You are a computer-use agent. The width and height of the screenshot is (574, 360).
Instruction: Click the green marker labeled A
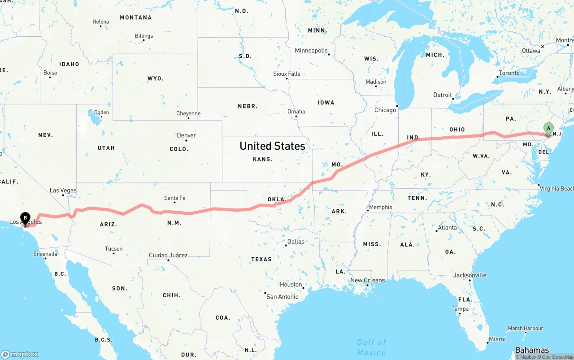tap(548, 129)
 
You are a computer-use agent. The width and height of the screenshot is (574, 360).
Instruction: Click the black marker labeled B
tap(25, 218)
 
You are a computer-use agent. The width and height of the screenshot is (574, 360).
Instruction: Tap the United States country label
tap(272, 146)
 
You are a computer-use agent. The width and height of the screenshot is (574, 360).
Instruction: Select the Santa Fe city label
tap(174, 198)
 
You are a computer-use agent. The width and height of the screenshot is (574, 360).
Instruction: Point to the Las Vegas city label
tap(63, 191)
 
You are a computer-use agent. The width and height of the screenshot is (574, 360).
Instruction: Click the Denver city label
tap(186, 135)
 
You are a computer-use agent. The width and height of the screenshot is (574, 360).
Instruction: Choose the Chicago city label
tap(385, 110)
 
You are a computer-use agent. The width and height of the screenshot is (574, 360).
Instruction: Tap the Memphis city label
tap(380, 207)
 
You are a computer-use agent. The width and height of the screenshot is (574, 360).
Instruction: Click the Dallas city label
tap(296, 242)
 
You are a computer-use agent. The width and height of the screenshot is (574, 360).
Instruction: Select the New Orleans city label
tap(367, 280)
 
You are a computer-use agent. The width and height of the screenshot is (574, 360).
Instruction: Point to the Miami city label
tap(497, 339)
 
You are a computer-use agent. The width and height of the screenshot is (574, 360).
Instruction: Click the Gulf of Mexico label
tap(371, 347)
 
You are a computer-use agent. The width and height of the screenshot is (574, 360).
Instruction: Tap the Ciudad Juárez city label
tap(168, 256)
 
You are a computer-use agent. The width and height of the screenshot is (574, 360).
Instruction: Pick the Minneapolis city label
tap(311, 51)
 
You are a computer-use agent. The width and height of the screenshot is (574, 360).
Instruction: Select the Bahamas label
tap(532, 350)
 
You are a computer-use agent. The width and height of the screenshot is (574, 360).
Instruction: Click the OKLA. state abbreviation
tap(276, 199)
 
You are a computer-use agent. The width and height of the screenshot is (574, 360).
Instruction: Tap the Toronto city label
tap(509, 73)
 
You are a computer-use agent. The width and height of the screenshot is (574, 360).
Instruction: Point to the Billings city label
tap(143, 36)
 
